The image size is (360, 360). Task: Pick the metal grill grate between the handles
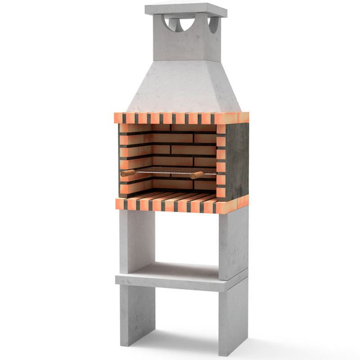click(162, 171)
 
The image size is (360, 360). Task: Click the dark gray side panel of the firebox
click(237, 160)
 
